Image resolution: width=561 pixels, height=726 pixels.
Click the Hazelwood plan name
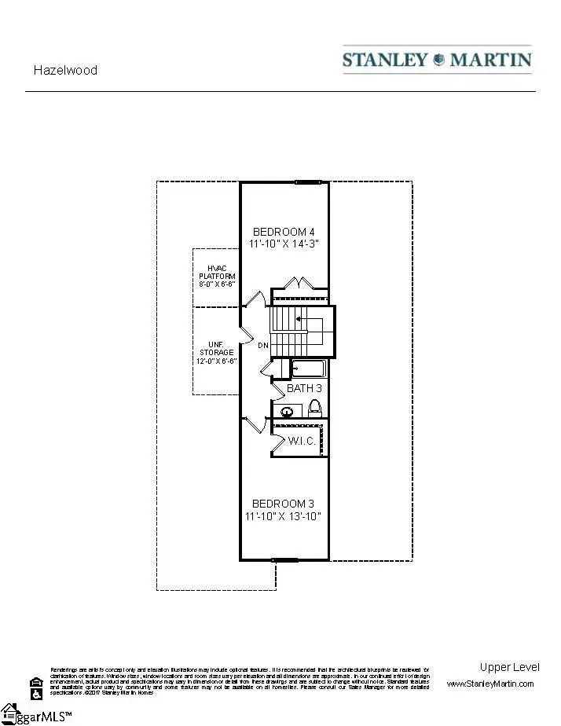[x=65, y=70]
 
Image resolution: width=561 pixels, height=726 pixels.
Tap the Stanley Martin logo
[x=437, y=60]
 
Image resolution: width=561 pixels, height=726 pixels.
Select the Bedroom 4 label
[x=284, y=232]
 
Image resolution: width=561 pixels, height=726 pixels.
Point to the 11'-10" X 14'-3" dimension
[x=284, y=244]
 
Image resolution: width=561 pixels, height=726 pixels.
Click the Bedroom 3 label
[x=284, y=504]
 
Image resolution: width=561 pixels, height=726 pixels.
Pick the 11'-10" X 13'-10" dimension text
[x=284, y=516]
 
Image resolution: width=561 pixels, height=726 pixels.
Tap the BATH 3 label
[x=304, y=388]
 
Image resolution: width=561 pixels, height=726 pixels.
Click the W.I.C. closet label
[x=302, y=441]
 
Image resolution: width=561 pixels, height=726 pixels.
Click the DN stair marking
[x=263, y=346]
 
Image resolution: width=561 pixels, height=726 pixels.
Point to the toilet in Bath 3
[x=315, y=408]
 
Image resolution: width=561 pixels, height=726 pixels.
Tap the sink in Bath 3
[x=288, y=410]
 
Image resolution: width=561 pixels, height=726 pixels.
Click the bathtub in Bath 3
[x=308, y=368]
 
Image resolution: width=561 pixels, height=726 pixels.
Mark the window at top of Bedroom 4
[x=308, y=182]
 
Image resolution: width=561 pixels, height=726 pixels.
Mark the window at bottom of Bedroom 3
[x=284, y=560]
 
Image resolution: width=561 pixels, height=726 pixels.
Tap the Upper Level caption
[x=509, y=667]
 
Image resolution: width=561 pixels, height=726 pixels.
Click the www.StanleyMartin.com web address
[x=490, y=684]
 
